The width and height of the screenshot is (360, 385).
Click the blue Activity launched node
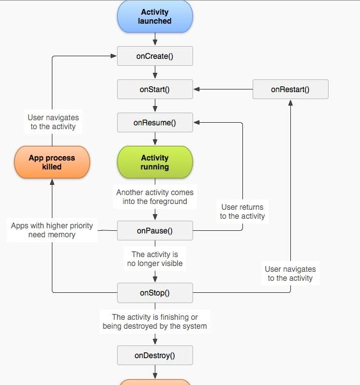[x=155, y=17]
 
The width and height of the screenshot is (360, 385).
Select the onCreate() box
[x=155, y=56]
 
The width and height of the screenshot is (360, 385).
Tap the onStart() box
[x=155, y=89]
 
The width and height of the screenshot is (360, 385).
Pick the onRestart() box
[x=290, y=89]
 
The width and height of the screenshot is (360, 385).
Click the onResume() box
[x=155, y=123]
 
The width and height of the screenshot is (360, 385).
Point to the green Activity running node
[x=155, y=162]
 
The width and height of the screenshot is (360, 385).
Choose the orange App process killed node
[x=52, y=162]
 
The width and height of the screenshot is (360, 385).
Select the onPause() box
[x=155, y=231]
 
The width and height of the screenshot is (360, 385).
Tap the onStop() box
[x=155, y=293]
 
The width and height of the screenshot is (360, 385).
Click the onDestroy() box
[x=155, y=356]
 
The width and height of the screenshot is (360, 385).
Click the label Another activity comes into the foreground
[x=155, y=197]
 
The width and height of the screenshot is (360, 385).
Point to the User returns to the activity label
[x=242, y=212]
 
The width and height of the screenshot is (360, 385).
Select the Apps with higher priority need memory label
[x=52, y=230]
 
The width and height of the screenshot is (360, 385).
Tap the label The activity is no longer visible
[x=155, y=259]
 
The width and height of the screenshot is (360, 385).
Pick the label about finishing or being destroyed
[x=155, y=322]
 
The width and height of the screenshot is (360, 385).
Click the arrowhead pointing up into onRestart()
[x=290, y=102]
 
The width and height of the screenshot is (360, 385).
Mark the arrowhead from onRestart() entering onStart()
[x=196, y=89]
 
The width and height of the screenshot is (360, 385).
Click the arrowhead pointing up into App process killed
[x=52, y=182]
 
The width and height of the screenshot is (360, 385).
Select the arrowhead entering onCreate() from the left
[x=113, y=56]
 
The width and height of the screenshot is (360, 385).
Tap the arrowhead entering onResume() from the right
[x=196, y=123]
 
